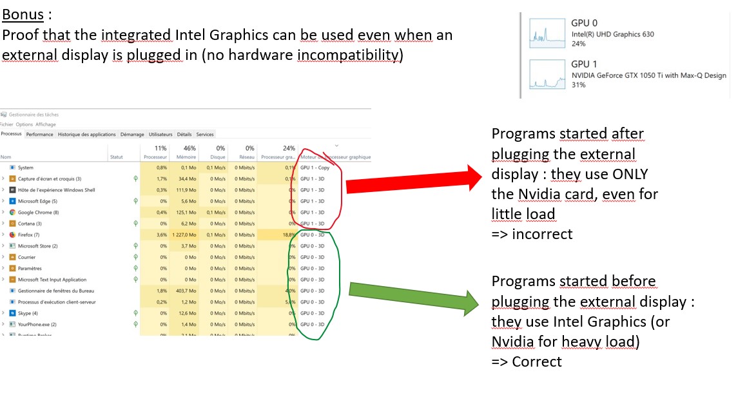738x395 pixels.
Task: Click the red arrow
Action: [x=413, y=182]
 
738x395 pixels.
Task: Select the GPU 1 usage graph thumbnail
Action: [x=547, y=75]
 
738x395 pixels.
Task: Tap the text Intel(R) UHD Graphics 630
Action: [x=612, y=34]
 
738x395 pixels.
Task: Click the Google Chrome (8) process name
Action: [x=38, y=212]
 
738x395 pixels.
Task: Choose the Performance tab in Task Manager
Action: [x=39, y=135]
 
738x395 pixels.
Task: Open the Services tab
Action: [x=205, y=135]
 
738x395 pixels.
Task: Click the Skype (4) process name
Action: [x=28, y=313]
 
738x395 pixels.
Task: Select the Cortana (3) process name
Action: [x=29, y=224]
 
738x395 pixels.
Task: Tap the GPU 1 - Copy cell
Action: [x=315, y=168]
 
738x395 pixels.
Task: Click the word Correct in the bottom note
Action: [x=537, y=361]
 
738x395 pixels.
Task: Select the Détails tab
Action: [x=184, y=135]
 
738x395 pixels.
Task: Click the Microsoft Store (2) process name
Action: [x=37, y=246]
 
